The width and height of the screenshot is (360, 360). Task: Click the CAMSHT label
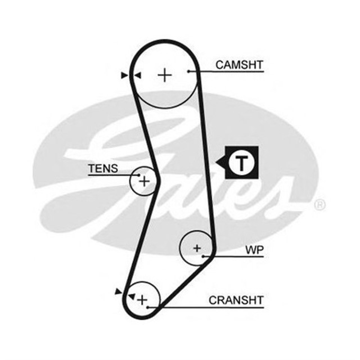(239, 65)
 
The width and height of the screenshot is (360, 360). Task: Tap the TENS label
(103, 168)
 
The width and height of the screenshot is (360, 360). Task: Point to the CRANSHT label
(236, 300)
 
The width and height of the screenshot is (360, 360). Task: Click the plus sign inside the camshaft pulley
(164, 74)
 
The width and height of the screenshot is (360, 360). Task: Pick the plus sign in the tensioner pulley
(145, 181)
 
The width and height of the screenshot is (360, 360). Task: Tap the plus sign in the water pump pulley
(197, 247)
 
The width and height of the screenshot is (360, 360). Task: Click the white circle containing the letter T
(241, 163)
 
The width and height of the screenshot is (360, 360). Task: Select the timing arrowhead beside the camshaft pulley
(123, 75)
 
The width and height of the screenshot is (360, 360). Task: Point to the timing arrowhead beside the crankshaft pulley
(118, 291)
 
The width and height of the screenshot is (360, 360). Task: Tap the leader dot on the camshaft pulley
(189, 71)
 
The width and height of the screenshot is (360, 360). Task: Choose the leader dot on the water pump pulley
(202, 256)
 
